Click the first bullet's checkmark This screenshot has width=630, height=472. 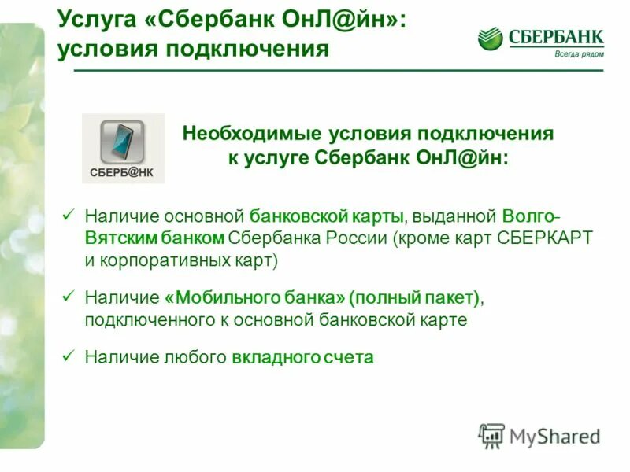(68, 213)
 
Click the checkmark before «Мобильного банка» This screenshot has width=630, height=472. (68, 297)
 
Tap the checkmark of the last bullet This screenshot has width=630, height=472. (68, 355)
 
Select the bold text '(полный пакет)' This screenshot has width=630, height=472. (414, 298)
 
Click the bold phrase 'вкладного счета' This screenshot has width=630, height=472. (302, 357)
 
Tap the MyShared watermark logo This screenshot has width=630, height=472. (539, 435)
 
